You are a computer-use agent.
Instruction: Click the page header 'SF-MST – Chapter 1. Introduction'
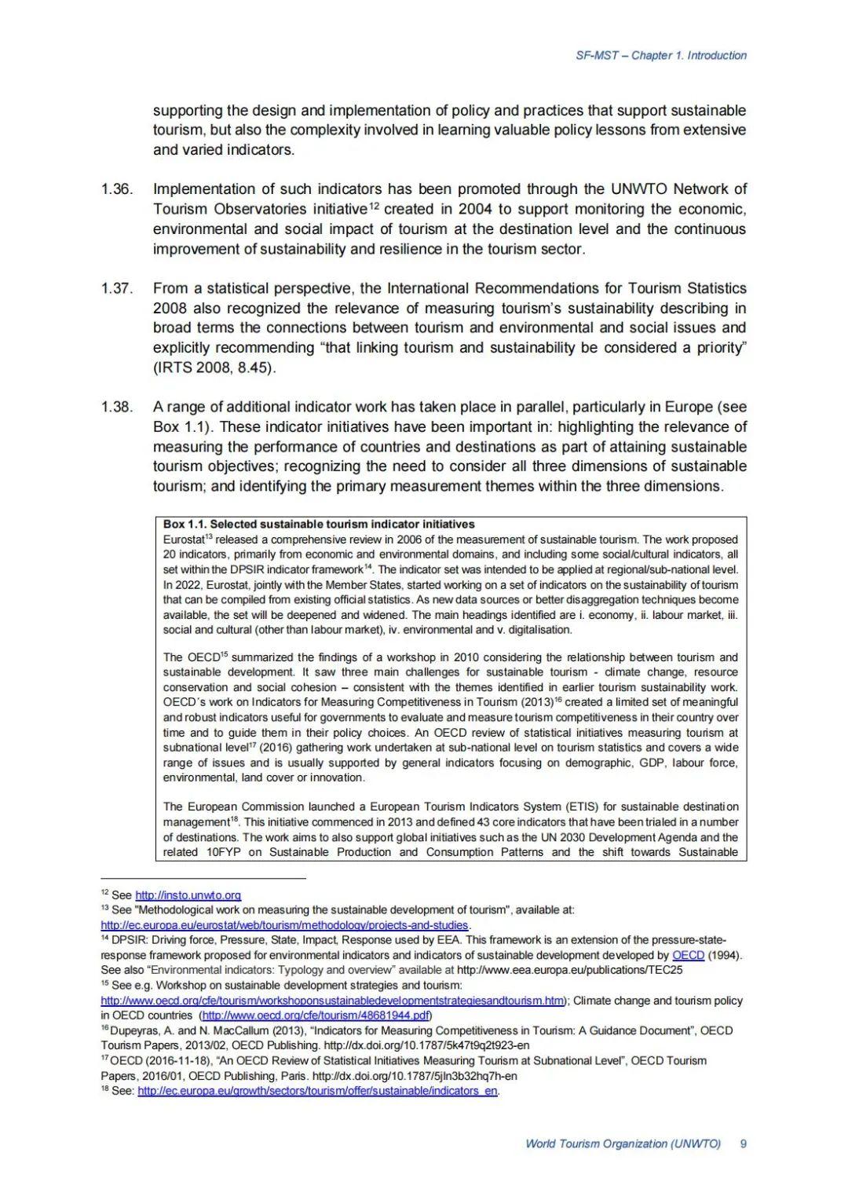tap(660, 55)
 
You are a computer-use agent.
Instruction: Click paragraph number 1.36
tap(117, 189)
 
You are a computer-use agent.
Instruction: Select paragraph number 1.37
tap(117, 288)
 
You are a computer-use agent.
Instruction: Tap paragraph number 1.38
tap(117, 407)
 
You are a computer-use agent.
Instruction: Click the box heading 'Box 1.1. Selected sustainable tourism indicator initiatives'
tap(319, 524)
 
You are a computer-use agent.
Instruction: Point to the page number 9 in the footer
tap(743, 1143)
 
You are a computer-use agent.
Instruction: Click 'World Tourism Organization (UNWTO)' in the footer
tap(623, 1143)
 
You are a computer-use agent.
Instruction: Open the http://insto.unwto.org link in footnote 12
tap(188, 895)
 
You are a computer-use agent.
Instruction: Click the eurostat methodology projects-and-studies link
tap(284, 925)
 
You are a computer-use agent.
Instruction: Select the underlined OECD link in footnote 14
tap(688, 955)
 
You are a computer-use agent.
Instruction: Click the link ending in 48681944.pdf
tap(316, 1015)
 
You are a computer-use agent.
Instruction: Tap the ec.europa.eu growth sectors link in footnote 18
tap(317, 1091)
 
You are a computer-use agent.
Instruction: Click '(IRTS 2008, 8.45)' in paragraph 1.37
tap(214, 368)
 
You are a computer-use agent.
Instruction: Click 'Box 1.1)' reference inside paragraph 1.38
tap(184, 426)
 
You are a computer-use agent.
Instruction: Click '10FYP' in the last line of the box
tap(224, 852)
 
